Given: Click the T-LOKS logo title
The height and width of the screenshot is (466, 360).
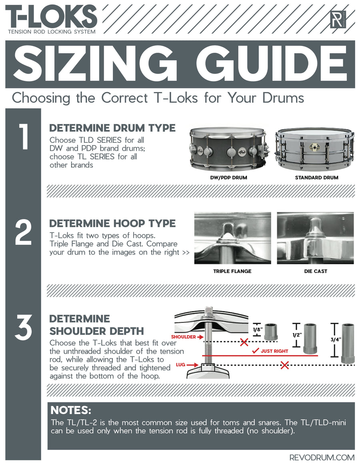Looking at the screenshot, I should [x=51, y=16].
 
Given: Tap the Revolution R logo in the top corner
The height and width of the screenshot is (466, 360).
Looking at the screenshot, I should [x=338, y=19].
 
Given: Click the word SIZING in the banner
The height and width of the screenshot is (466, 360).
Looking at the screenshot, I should [x=96, y=64].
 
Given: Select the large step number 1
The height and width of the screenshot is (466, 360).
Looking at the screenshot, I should [x=24, y=137].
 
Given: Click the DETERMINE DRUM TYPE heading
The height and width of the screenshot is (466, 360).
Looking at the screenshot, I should [x=112, y=128].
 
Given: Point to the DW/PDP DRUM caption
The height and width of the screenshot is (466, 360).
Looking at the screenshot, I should [x=229, y=177].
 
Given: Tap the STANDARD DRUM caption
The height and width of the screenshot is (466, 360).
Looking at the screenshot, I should [x=316, y=177].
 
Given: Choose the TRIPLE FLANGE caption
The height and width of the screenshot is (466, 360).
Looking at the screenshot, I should [x=232, y=271].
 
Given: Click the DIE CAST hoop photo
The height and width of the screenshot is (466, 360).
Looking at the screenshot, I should [x=315, y=238].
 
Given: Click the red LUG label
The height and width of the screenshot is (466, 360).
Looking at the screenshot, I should [x=181, y=365].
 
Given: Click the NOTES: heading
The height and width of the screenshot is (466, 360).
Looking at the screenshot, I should [x=71, y=411].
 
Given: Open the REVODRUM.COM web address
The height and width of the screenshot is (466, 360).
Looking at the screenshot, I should [x=322, y=457].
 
